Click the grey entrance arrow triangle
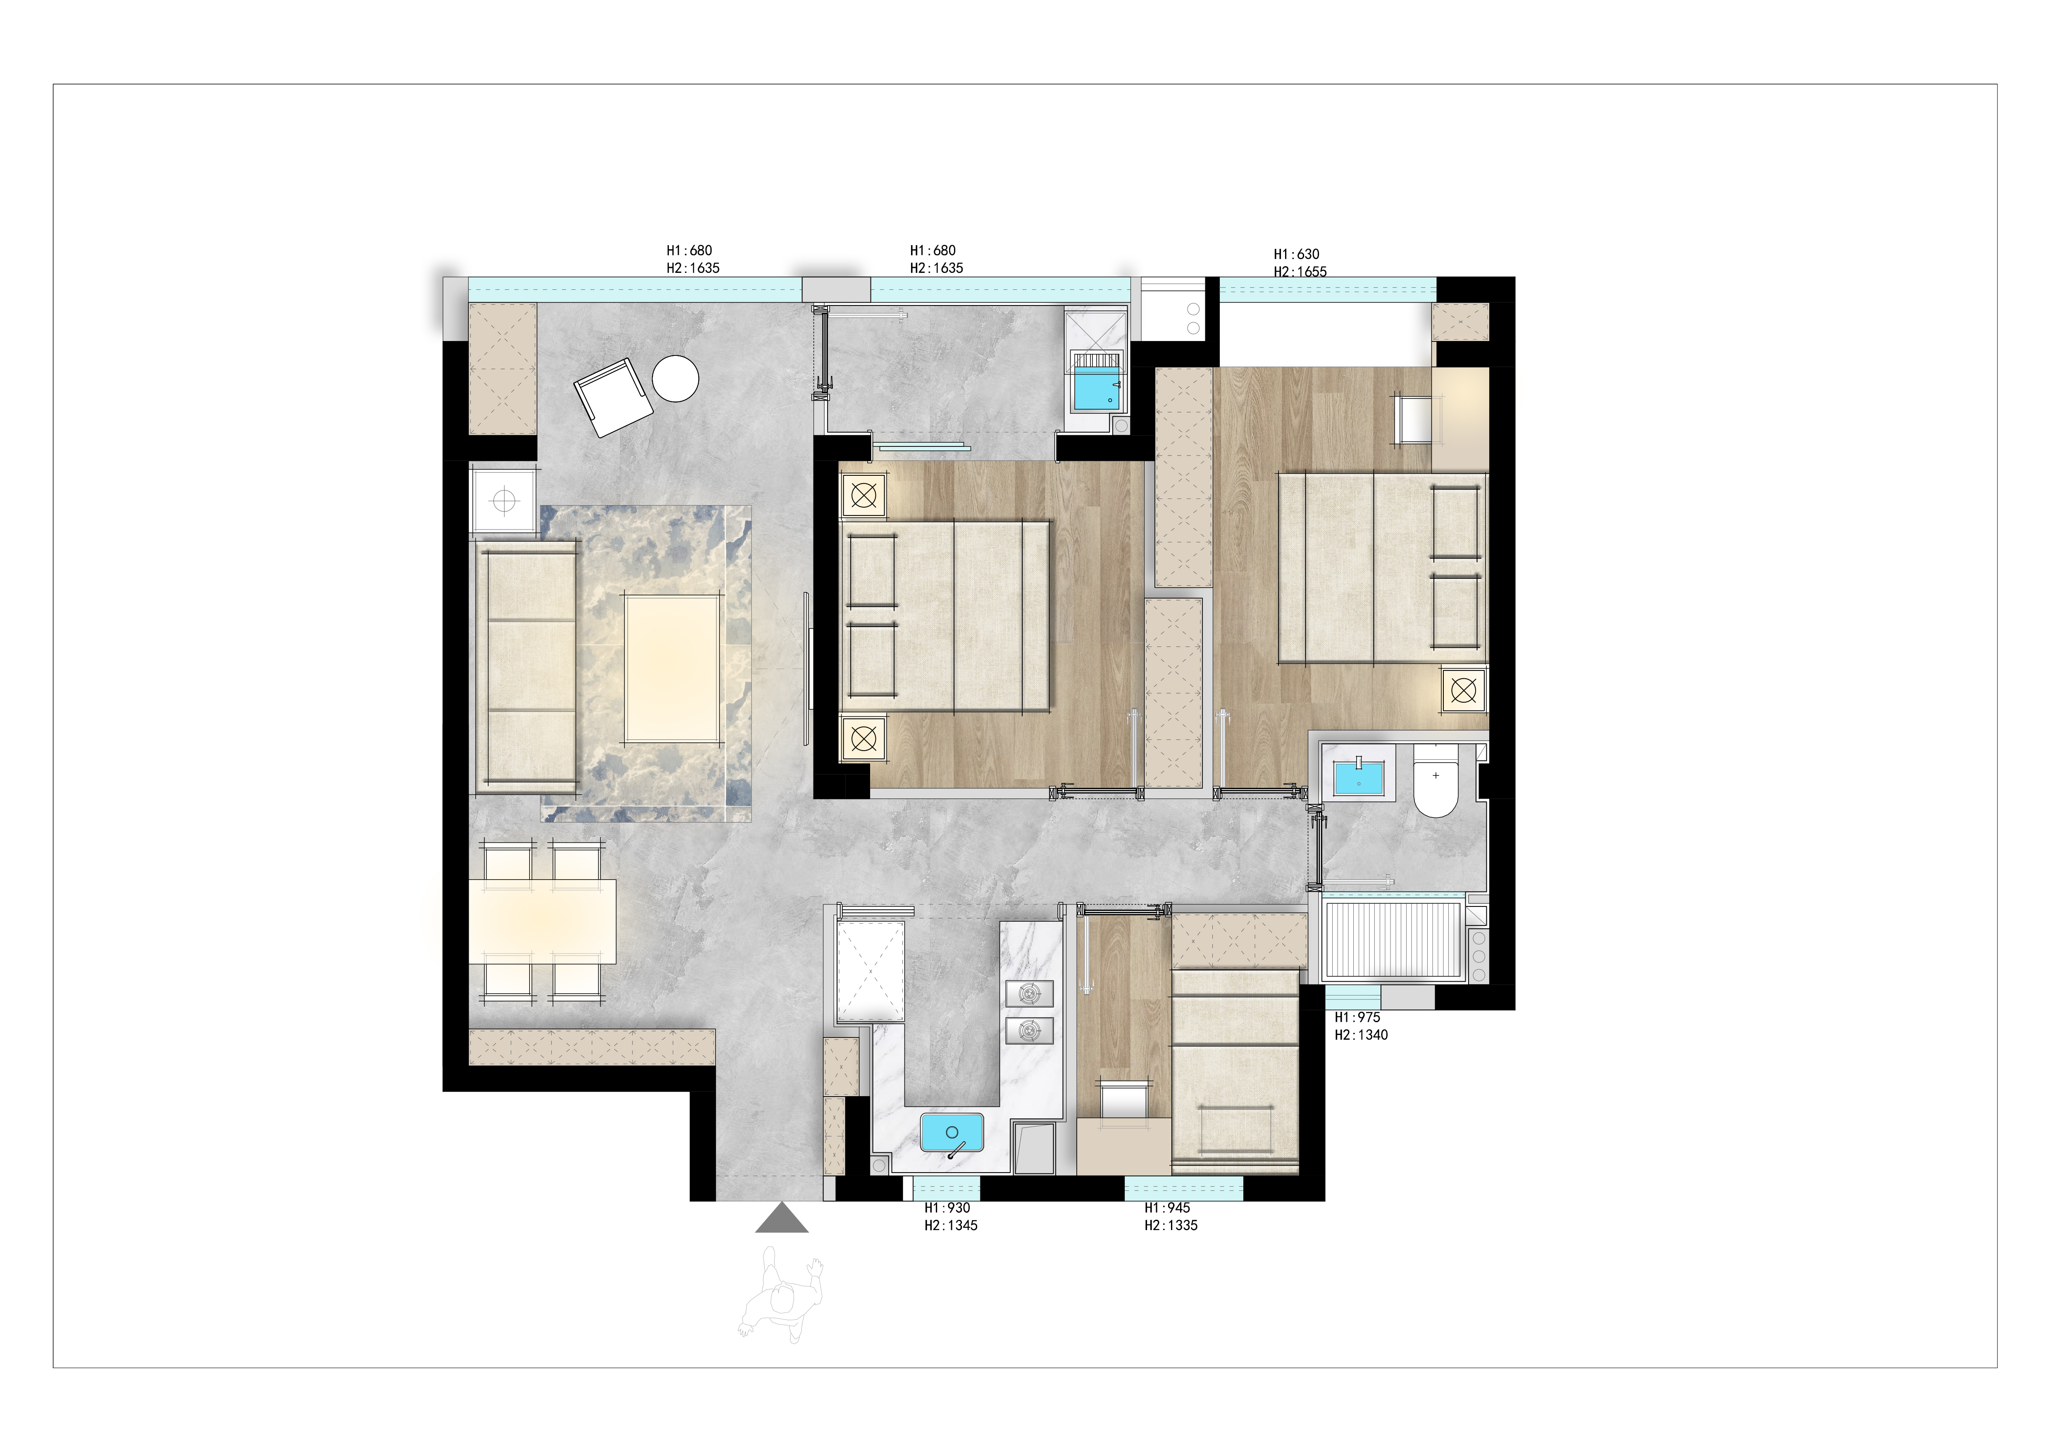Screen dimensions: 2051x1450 [782, 1219]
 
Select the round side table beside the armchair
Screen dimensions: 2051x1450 [675, 379]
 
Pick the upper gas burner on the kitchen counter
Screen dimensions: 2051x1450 [1029, 994]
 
